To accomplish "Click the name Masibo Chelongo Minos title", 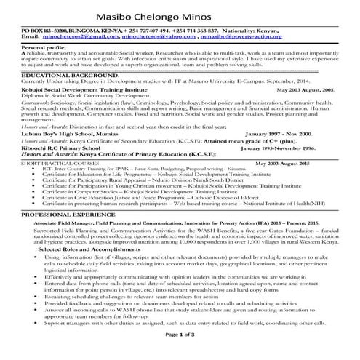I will (x=180, y=12).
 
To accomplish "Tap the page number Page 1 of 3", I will (x=180, y=353).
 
